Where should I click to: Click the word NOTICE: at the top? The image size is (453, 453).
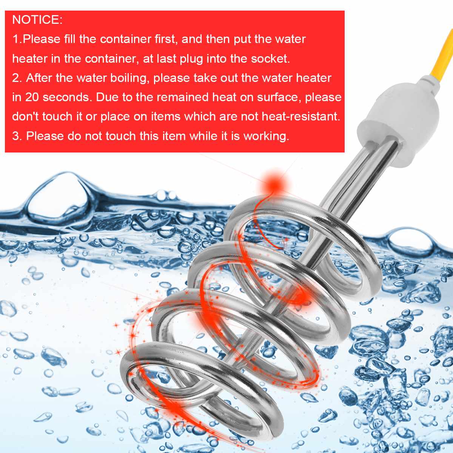[37, 20]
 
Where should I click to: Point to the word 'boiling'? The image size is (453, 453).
[128, 78]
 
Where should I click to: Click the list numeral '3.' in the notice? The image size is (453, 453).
[17, 136]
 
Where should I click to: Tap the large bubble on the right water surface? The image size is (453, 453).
[410, 242]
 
